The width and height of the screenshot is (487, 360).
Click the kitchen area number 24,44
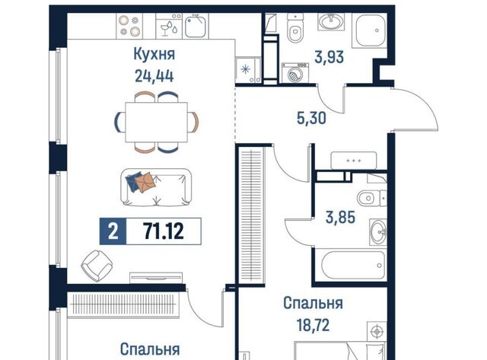coord(154,76)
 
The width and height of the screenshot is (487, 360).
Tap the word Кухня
coord(154,54)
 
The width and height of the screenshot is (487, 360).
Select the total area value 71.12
coord(164,231)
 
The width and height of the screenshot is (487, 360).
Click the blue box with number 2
coord(113,231)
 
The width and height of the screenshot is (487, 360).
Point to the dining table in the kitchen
coord(156,122)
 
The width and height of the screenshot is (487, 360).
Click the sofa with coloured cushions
coord(156,187)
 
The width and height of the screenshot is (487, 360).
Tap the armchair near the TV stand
coord(97,266)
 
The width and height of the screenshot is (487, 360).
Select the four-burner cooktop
coord(129,26)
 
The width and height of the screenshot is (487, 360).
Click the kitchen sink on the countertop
coord(196,26)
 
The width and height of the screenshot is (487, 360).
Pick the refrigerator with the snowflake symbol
coord(248,69)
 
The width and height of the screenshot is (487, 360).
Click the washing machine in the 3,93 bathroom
coord(295,73)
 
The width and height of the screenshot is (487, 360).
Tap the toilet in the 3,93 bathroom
coord(295,28)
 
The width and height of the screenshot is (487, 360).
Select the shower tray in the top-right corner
coord(370,30)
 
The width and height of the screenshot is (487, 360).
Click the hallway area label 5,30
coord(311,118)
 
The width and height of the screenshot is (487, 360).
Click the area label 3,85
coord(340,217)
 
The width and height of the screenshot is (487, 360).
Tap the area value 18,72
coord(313,325)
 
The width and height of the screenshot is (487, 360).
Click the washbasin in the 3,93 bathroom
coord(332,22)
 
